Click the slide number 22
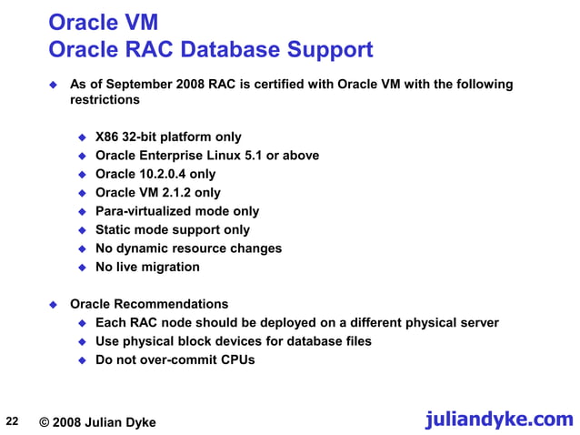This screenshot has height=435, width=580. pos(12,420)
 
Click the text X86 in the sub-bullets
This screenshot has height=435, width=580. pos(107,137)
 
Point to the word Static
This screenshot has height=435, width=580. pos(115,229)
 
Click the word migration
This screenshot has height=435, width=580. pos(168,267)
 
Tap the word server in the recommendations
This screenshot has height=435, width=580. pos(478,322)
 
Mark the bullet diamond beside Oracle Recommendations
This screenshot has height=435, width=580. pos(53,304)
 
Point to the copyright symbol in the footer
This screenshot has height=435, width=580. pos(45,422)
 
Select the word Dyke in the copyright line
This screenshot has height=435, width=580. pos(138,422)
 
